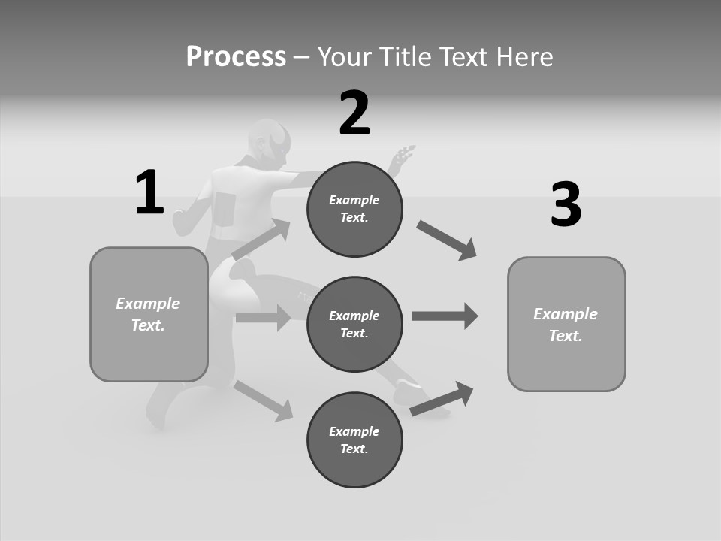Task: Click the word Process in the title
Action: pos(236,56)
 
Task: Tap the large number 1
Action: pos(149,192)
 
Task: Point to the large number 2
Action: pos(354,113)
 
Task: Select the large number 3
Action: pos(566,204)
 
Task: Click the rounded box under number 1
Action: pos(149,314)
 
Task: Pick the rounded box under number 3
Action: pos(566,324)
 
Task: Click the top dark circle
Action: pos(354,209)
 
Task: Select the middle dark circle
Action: pos(354,324)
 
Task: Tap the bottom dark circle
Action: pos(354,440)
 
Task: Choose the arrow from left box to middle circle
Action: pos(263,318)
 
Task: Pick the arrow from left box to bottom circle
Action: pos(264,400)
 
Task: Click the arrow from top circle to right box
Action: pos(447,240)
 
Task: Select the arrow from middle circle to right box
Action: pos(445,316)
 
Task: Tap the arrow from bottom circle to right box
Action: pos(442,398)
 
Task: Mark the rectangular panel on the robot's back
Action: pos(224,207)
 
